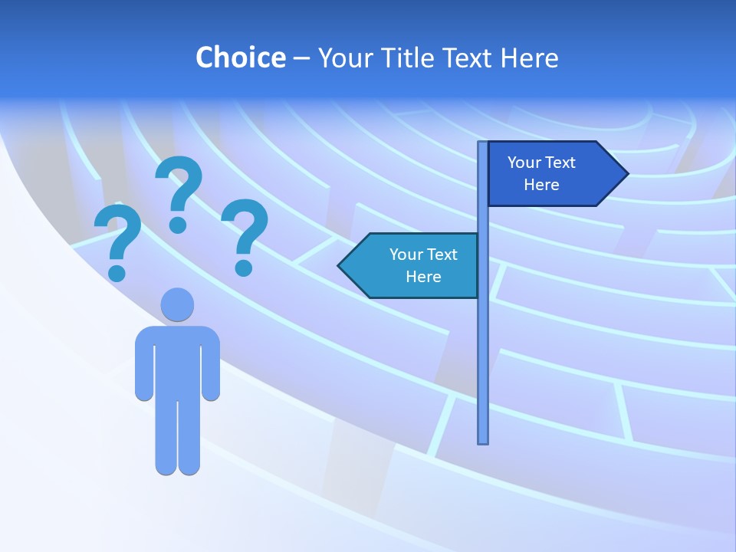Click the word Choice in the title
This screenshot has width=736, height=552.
(240, 58)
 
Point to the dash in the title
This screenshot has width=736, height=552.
(301, 58)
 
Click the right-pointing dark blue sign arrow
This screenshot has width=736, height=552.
(555, 174)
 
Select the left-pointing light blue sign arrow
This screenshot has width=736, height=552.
(410, 265)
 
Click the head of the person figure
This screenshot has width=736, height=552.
(177, 304)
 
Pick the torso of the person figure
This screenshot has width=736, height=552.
(177, 360)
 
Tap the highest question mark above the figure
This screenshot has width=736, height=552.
(179, 192)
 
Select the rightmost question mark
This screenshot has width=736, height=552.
(245, 234)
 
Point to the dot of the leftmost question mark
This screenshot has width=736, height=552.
(117, 273)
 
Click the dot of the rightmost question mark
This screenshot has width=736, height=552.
(244, 267)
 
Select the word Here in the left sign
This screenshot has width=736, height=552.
(423, 277)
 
